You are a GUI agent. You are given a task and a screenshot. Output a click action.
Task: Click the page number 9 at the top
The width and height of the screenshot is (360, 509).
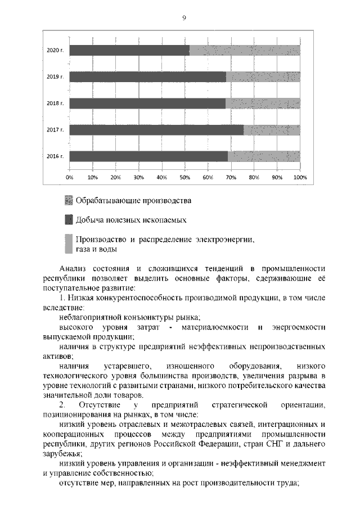(183, 18)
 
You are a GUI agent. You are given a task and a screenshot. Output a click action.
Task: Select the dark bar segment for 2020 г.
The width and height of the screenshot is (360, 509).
(129, 50)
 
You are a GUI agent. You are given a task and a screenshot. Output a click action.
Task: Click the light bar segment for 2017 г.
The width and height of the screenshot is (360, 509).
(272, 130)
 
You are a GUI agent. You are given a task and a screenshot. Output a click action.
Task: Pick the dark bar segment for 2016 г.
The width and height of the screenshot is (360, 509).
(148, 156)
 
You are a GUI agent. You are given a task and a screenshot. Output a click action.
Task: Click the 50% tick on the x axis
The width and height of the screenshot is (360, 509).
(184, 178)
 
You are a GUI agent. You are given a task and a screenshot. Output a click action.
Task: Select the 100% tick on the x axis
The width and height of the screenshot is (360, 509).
(299, 178)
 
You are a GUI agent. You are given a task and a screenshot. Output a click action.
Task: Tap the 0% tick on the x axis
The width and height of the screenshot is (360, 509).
(70, 178)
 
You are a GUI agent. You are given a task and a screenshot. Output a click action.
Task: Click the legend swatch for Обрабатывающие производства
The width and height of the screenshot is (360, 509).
(69, 200)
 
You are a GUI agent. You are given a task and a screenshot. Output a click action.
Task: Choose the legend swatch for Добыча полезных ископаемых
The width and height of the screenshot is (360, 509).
(69, 219)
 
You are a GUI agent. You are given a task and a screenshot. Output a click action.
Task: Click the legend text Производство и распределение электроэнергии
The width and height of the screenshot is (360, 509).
(165, 239)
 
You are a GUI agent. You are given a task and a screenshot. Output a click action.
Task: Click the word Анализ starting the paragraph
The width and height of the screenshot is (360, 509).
(72, 268)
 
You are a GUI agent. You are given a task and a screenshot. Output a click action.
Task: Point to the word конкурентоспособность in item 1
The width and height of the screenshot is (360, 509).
(136, 296)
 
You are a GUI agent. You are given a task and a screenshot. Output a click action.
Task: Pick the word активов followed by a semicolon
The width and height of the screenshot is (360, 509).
(57, 356)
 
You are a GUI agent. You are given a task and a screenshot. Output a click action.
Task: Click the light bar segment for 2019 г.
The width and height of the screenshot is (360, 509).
(263, 76)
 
